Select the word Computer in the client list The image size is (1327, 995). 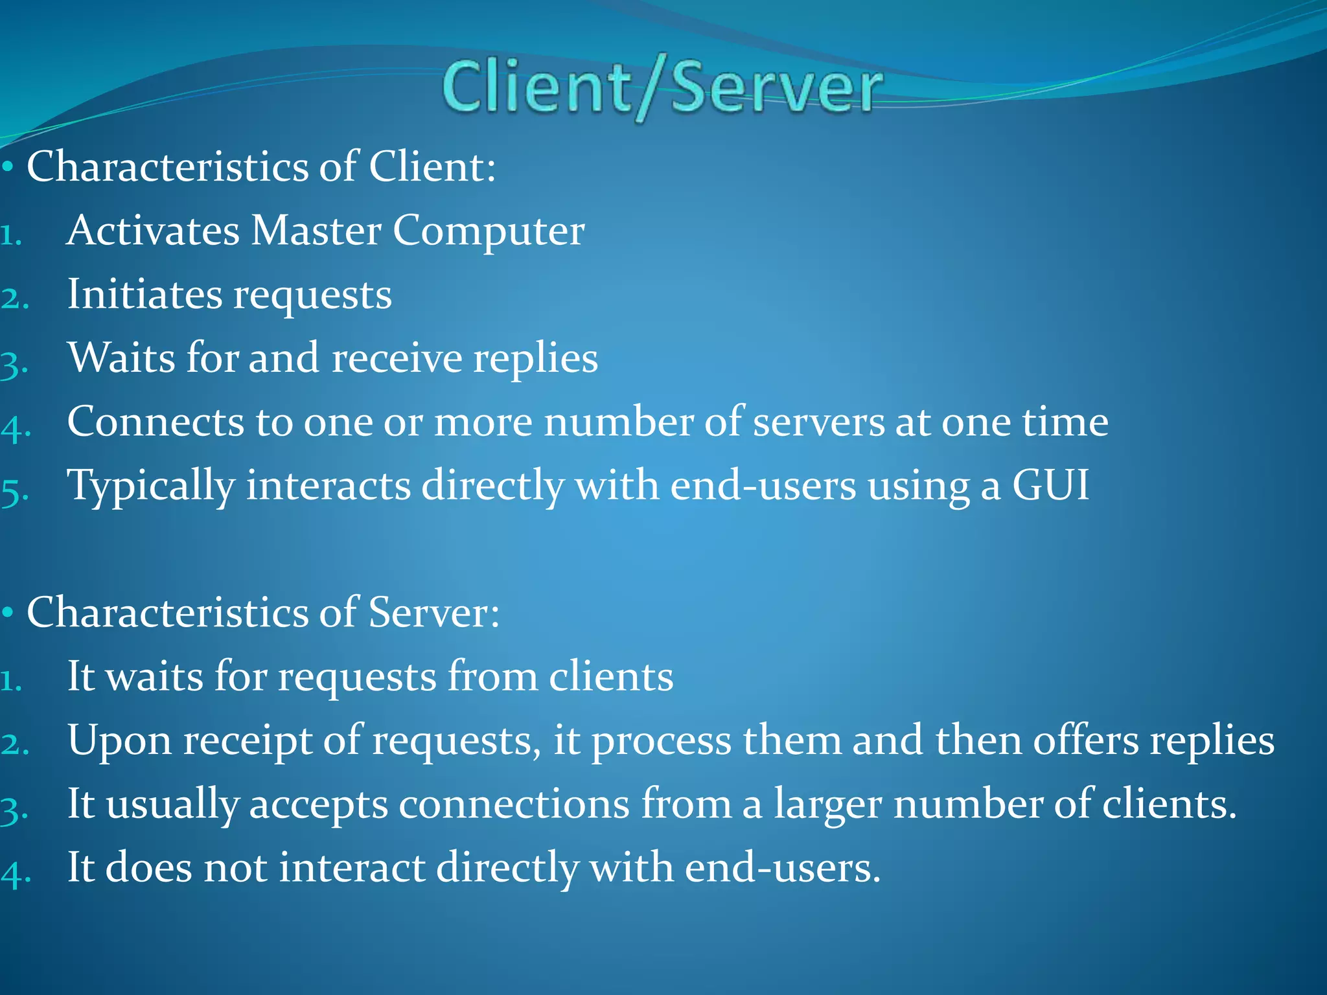[x=489, y=232]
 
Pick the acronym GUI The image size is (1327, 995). [x=1050, y=485]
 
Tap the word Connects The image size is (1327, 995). [x=156, y=422]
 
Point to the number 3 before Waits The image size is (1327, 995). [x=14, y=364]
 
